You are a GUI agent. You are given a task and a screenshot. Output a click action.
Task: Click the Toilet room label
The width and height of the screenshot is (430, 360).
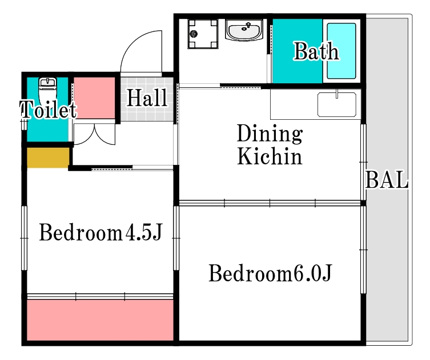tap(48, 110)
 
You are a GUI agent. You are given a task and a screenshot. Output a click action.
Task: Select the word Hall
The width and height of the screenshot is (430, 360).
tap(147, 98)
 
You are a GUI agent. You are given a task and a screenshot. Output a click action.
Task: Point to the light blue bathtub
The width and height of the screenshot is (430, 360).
tap(341, 51)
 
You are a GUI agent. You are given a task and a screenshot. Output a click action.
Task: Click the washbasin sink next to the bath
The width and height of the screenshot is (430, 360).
tap(244, 29)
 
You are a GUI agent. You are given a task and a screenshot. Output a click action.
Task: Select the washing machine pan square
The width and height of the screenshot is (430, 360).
tap(203, 34)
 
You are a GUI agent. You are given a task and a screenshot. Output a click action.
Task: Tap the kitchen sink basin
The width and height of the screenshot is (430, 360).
tap(337, 105)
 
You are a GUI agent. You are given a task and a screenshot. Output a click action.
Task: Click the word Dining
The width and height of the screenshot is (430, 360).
tap(269, 135)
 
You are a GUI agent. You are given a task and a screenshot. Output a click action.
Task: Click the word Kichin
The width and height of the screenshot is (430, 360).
tap(270, 156)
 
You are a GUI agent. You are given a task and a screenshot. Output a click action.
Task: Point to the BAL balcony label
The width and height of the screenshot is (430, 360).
tap(387, 181)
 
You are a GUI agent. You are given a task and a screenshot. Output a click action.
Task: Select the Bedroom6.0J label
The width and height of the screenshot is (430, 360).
tap(270, 274)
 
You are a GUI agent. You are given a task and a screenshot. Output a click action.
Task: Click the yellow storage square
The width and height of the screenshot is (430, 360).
tap(48, 157)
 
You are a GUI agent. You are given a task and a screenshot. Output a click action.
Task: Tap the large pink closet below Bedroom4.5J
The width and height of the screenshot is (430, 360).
tap(100, 320)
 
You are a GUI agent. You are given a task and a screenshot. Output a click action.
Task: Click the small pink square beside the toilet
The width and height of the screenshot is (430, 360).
tap(95, 97)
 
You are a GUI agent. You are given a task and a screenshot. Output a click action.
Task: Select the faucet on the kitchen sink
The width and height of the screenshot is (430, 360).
tap(337, 94)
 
